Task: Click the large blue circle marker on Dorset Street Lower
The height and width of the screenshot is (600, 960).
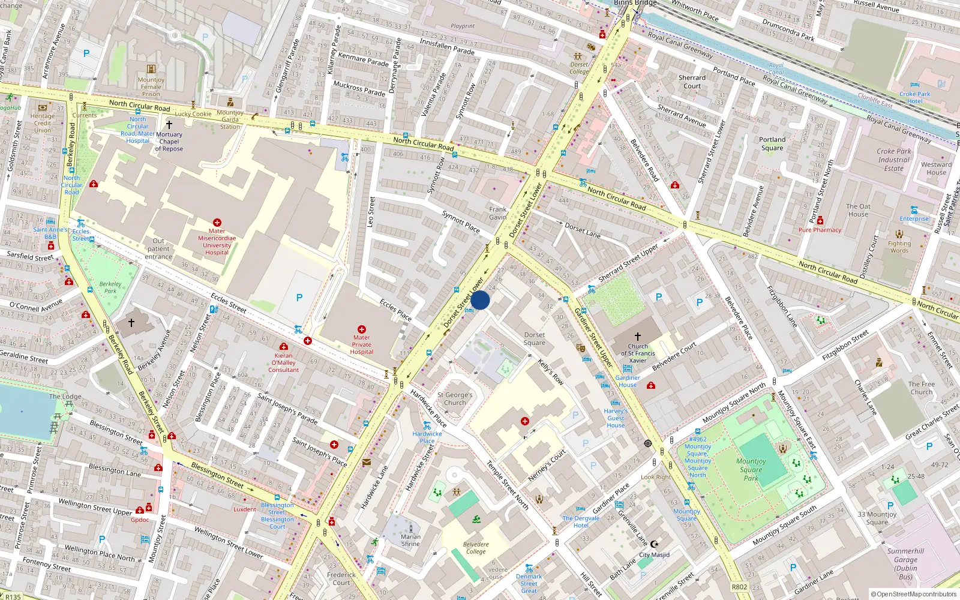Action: click(x=480, y=300)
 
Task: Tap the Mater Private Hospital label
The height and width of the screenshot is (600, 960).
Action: click(x=362, y=344)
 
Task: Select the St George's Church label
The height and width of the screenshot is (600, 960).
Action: click(x=455, y=399)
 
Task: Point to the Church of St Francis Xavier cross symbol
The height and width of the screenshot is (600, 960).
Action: click(x=638, y=337)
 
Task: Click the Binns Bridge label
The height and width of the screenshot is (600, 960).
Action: click(x=635, y=3)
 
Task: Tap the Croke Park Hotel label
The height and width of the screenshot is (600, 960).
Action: click(x=914, y=97)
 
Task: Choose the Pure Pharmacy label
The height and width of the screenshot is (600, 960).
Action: click(x=820, y=230)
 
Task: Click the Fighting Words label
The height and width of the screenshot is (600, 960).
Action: click(x=899, y=247)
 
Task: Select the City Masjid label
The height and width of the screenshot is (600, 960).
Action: click(x=654, y=554)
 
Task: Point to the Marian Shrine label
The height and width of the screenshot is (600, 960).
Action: click(x=411, y=540)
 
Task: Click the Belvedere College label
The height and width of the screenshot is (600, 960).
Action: click(x=476, y=548)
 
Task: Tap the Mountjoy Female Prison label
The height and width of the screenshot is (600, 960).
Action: click(x=151, y=86)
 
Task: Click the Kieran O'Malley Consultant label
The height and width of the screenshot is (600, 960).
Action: click(x=284, y=362)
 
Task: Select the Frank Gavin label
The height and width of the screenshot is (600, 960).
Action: click(x=498, y=213)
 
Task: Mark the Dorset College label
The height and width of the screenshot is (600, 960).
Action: click(x=579, y=68)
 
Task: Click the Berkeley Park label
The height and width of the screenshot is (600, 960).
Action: click(x=110, y=287)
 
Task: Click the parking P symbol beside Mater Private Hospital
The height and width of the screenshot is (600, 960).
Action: click(x=299, y=298)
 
